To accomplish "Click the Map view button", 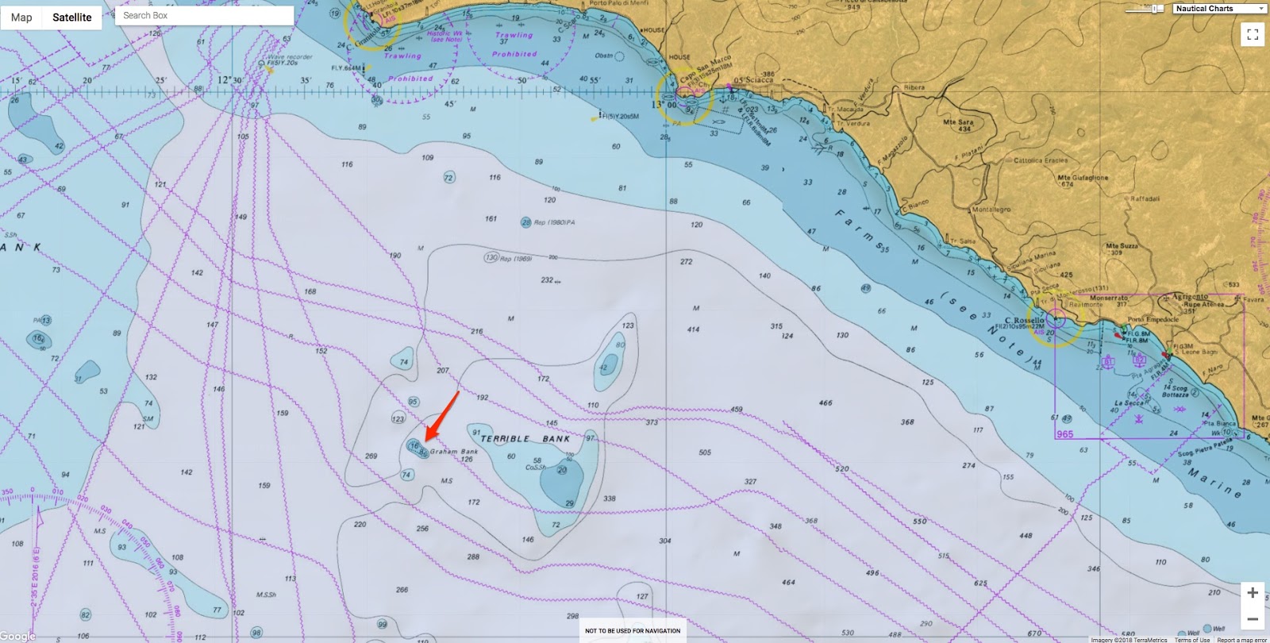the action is point(21,17).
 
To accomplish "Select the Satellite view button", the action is point(72,17).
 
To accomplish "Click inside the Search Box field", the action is point(204,15).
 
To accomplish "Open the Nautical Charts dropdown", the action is point(1219,9).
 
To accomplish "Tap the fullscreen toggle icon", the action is point(1253,34).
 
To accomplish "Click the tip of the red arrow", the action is point(426,440).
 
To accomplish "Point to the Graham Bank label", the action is point(454,452).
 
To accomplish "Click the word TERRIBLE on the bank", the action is point(505,439).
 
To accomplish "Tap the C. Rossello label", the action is point(1024,321).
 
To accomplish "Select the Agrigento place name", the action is point(1190,297).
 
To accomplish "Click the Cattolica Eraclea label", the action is point(1040,160).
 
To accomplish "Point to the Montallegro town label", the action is point(992,210).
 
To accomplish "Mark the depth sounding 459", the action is point(737,410).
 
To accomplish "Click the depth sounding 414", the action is point(693,329).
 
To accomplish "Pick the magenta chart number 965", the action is point(1064,434).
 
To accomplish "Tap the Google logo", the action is point(17,636).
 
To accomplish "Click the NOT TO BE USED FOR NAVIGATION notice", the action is point(633,631).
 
